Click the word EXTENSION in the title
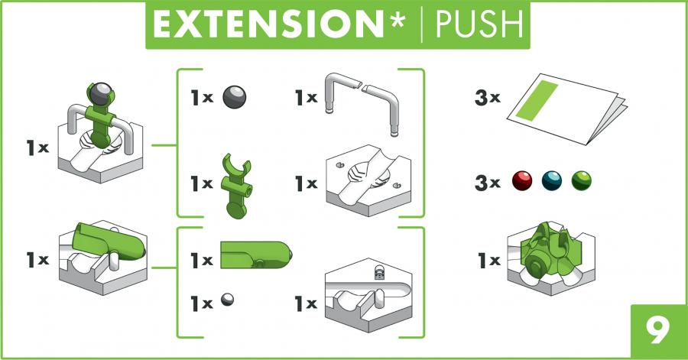click(x=268, y=24)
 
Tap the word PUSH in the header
click(x=479, y=24)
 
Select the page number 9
click(x=659, y=331)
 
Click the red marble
click(x=522, y=180)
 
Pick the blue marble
click(x=551, y=180)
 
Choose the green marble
click(x=582, y=180)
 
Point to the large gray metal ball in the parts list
click(x=235, y=97)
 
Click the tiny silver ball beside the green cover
click(x=227, y=300)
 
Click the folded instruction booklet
click(x=567, y=109)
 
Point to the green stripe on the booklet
click(x=536, y=100)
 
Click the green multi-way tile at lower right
click(x=551, y=258)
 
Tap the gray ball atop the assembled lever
click(x=100, y=93)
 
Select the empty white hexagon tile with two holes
click(x=368, y=180)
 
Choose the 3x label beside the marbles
click(x=488, y=183)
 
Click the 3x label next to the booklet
click(x=488, y=97)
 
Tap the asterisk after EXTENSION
click(x=397, y=20)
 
